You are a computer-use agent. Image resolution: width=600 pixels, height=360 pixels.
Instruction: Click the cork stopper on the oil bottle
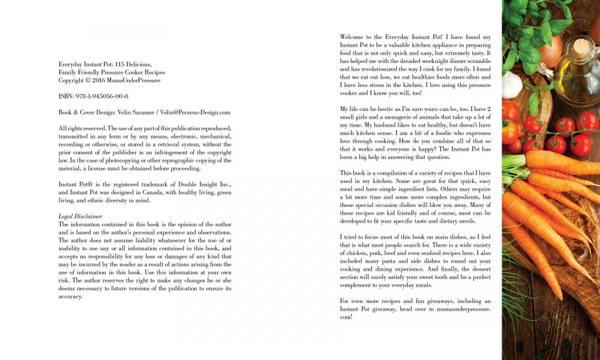pyautogui.click(x=581, y=47)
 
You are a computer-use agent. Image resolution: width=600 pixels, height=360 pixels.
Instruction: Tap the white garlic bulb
pyautogui.click(x=512, y=85)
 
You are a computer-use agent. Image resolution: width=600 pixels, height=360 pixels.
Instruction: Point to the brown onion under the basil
pyautogui.click(x=551, y=52)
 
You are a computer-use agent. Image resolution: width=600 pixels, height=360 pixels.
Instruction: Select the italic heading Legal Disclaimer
pyautogui.click(x=80, y=216)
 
